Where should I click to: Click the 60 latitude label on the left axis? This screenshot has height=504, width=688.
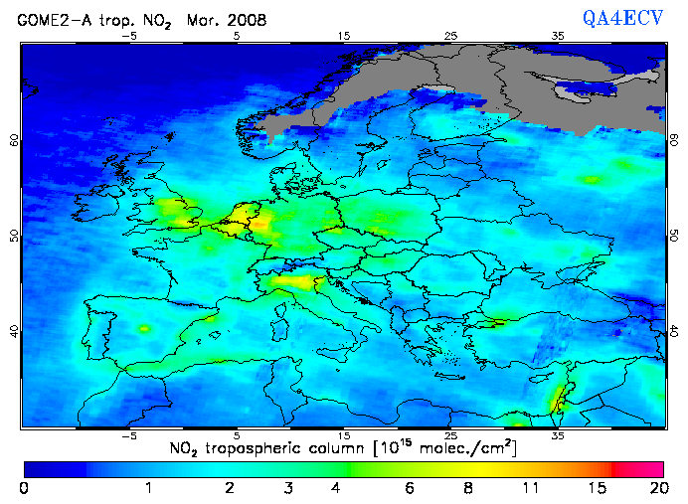[x=14, y=140]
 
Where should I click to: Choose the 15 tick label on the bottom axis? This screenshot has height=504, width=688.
[x=344, y=435]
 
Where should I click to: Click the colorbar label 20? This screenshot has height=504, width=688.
[x=656, y=488]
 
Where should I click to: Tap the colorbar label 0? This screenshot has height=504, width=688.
[x=24, y=488]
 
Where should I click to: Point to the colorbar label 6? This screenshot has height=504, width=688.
[x=411, y=488]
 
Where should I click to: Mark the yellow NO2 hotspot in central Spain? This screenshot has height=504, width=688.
[x=144, y=328]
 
